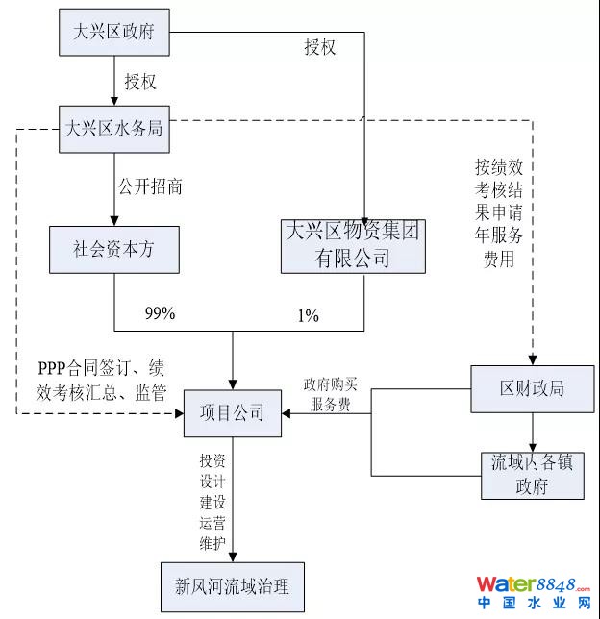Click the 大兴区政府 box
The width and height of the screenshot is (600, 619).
coord(114,33)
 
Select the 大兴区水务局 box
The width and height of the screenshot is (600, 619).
coord(114,129)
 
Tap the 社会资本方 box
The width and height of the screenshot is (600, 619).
coord(114,249)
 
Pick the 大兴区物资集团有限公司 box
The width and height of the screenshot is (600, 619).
coord(353,245)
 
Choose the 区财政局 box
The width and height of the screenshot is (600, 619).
coord(532,388)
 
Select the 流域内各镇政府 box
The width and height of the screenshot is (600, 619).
coord(532,474)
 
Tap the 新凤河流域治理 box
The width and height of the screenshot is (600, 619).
coord(232,585)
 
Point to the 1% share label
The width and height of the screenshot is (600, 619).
coord(308,315)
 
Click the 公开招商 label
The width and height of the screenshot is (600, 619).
coord(150,186)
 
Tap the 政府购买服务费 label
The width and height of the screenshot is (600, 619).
coord(330,394)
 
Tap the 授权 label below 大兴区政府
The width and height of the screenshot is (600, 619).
coord(140,82)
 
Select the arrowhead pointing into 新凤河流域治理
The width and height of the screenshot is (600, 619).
coord(232,555)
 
